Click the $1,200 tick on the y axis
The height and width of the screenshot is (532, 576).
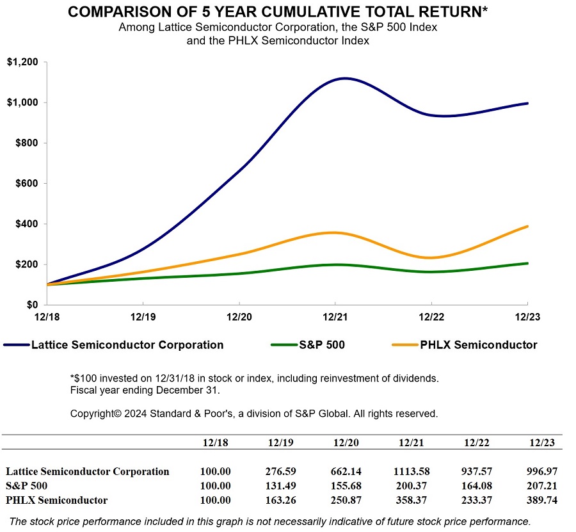pos(22,62)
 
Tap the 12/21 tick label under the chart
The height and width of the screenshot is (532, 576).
pos(335,316)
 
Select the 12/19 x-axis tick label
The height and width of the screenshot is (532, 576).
pos(142,316)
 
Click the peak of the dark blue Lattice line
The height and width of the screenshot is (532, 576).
pos(344,78)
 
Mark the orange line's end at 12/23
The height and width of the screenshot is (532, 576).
pos(527,226)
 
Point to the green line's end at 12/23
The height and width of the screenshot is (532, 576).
pos(527,263)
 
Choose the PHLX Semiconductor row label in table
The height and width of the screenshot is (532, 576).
pos(57,500)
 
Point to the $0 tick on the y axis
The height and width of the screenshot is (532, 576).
pos(31,305)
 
